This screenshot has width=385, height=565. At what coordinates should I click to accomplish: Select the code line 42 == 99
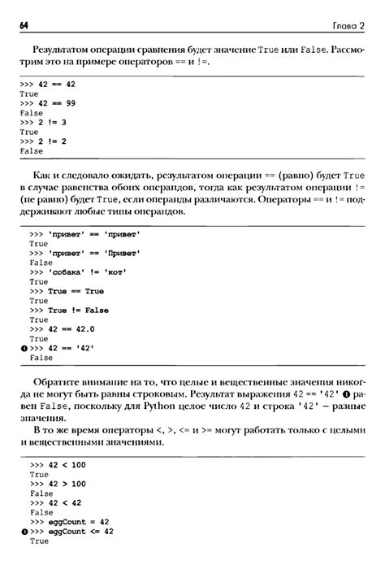pos(46,103)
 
